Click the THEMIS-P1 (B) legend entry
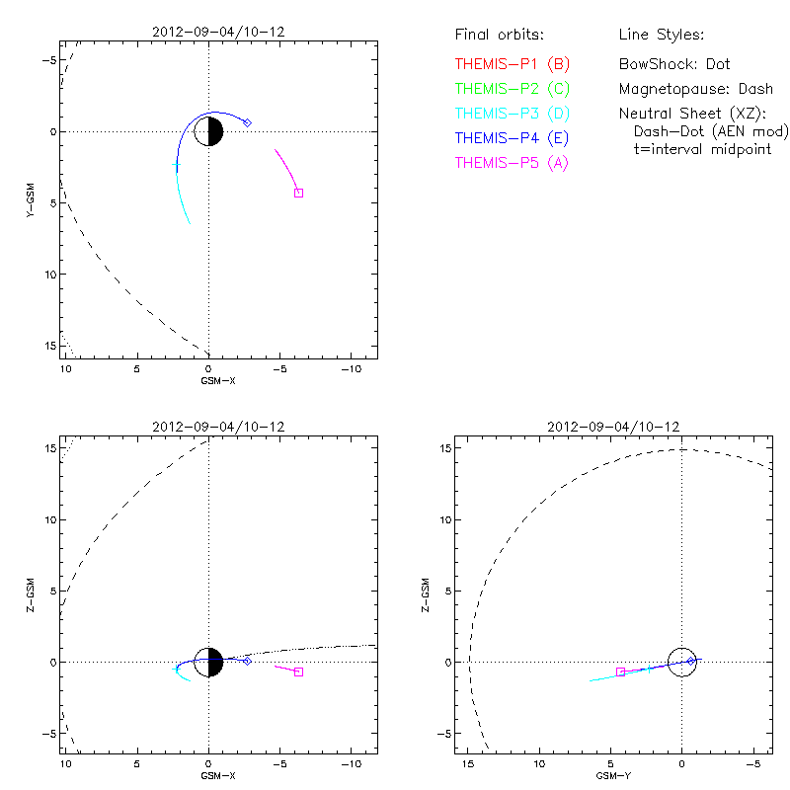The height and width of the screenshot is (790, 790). pos(513,64)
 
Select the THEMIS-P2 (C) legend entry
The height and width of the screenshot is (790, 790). pos(513,89)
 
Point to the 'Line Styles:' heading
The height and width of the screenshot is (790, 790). pos(661,36)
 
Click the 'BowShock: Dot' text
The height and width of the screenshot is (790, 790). pos(674,64)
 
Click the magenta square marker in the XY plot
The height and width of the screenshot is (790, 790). pos(298,193)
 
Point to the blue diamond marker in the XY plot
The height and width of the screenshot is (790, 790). pos(247,122)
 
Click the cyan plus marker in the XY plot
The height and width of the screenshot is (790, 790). pos(177,166)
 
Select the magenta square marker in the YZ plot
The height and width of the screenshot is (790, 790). pos(620,671)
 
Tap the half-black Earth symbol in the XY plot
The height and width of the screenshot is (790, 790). pos(208,131)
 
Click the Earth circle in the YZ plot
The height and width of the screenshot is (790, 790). pos(682,662)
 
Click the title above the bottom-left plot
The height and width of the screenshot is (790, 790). pos(218,427)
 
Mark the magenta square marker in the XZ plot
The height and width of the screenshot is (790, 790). pos(298,671)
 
